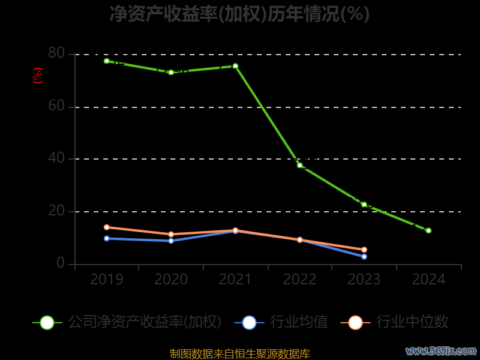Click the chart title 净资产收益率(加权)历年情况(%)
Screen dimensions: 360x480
(239, 13)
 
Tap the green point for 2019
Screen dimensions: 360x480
(107, 61)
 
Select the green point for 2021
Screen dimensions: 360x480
(235, 66)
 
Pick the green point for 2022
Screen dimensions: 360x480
(300, 165)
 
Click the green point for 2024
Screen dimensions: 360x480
(428, 230)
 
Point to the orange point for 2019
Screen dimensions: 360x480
(107, 227)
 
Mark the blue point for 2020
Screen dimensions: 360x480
(171, 241)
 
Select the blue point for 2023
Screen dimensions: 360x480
(364, 257)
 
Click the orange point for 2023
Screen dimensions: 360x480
(364, 250)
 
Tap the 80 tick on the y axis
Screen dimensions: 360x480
(56, 53)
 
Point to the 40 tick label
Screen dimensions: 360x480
(56, 158)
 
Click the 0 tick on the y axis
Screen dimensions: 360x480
(61, 263)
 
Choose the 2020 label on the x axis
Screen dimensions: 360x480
(171, 280)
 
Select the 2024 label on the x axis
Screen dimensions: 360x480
(428, 280)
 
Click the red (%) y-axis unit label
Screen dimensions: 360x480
(38, 76)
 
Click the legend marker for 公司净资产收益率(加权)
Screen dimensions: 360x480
(47, 322)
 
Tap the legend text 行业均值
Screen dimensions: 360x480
(299, 322)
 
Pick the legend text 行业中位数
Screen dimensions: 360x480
(412, 322)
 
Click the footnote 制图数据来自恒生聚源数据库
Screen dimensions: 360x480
(239, 354)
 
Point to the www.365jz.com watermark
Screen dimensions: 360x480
(441, 350)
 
